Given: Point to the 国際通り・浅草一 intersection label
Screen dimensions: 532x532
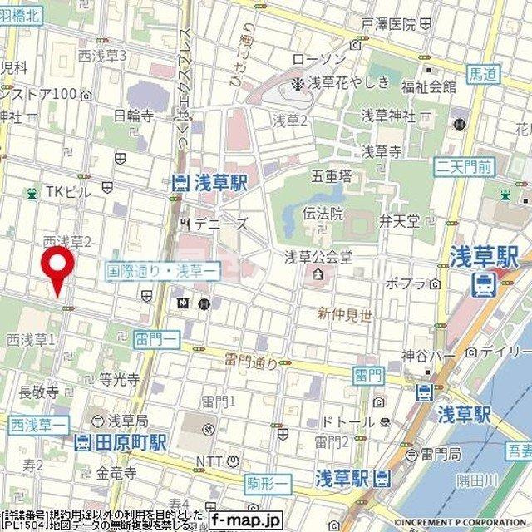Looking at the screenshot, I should coord(163,270).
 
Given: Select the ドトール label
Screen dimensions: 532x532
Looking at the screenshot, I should coord(350,422).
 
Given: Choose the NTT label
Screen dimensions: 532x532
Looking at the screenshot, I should coord(210,462).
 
